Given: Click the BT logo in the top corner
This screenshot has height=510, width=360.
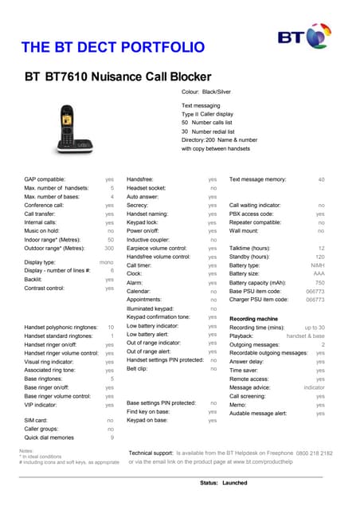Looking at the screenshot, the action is [x=303, y=37].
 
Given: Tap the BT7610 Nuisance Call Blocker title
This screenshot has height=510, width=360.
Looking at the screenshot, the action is [x=117, y=77].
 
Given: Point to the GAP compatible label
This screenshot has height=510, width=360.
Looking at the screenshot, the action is [x=45, y=179].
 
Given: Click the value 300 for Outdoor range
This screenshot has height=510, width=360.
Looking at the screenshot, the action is [x=109, y=248].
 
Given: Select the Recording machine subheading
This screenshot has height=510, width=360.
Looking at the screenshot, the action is [x=253, y=319].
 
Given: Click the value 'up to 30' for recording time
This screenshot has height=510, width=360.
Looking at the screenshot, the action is [x=314, y=328].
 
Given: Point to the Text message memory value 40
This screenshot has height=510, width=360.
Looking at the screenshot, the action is [x=321, y=179].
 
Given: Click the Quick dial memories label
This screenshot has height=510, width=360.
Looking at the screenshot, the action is [x=49, y=437].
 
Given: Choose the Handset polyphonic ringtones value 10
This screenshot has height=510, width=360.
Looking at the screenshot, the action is [x=110, y=328].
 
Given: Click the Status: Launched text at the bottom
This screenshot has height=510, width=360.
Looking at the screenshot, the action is [x=223, y=484].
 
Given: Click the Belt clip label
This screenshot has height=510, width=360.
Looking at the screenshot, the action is [x=137, y=369].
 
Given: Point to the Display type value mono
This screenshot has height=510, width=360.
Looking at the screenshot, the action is [x=106, y=262].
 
